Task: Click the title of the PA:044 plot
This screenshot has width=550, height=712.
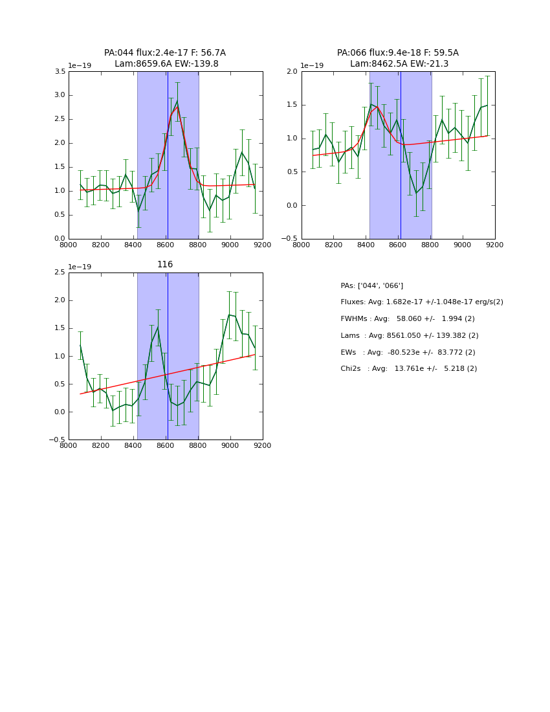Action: (x=165, y=58)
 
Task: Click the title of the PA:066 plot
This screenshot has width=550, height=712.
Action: (x=398, y=58)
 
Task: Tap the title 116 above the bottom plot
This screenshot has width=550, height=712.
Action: (x=165, y=265)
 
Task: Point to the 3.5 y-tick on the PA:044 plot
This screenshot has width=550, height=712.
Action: (x=58, y=72)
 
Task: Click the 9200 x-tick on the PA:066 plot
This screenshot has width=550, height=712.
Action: (x=494, y=245)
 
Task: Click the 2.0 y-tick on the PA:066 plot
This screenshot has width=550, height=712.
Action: (x=291, y=72)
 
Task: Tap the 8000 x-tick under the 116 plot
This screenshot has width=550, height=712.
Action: (x=69, y=445)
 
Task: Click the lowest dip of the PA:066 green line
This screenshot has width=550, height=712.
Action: (x=416, y=193)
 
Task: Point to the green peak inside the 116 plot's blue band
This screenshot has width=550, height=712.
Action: (x=157, y=327)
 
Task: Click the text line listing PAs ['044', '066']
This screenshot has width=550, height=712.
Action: (x=371, y=285)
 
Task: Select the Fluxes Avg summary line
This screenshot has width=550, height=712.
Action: (x=421, y=302)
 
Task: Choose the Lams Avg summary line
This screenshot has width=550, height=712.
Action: (x=409, y=335)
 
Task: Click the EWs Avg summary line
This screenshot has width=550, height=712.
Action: (x=407, y=352)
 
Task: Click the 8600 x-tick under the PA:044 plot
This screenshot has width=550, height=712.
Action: (x=166, y=245)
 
